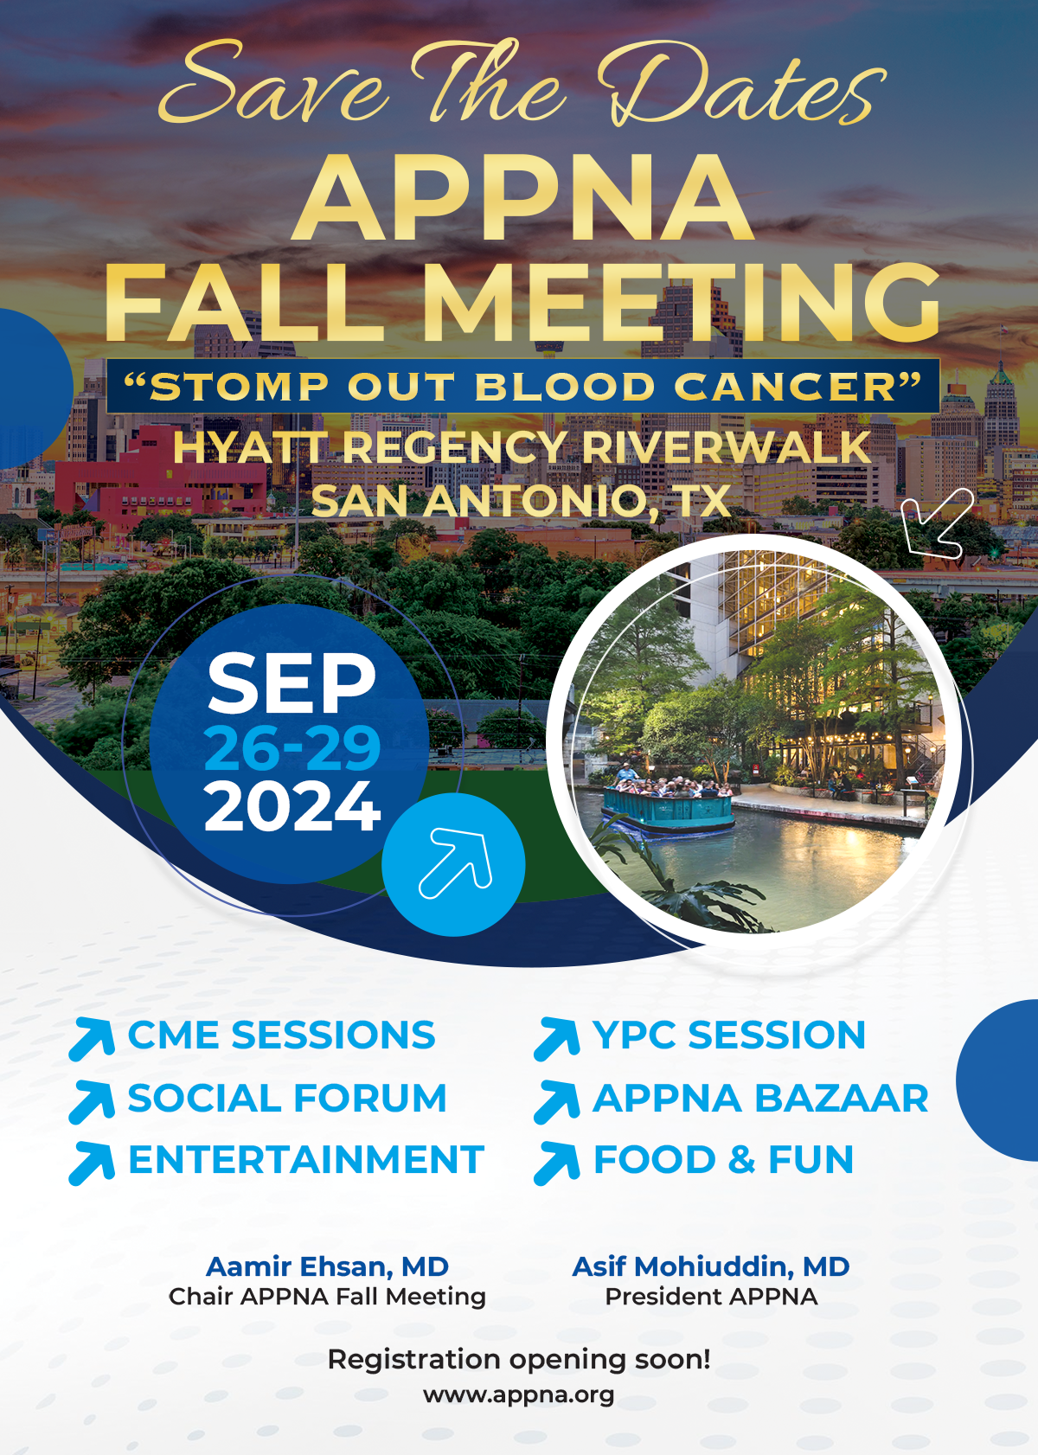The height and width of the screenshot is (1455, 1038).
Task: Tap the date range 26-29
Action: (x=292, y=748)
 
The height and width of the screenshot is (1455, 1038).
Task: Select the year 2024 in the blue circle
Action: (x=292, y=806)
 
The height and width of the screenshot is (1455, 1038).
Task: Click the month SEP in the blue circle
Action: (x=292, y=683)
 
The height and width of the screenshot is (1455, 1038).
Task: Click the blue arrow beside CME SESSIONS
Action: (x=92, y=1039)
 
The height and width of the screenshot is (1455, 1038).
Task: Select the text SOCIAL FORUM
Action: (x=287, y=1099)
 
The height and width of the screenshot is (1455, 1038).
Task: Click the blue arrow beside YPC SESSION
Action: (x=557, y=1039)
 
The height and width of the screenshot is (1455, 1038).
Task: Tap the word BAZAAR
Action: (x=842, y=1099)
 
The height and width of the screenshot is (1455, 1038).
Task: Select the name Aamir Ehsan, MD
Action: (x=327, y=1266)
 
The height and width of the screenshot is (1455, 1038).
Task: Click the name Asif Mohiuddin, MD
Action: (x=711, y=1266)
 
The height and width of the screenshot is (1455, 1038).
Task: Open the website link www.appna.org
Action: (x=518, y=1394)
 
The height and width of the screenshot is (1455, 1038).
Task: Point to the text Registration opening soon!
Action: (x=519, y=1360)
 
